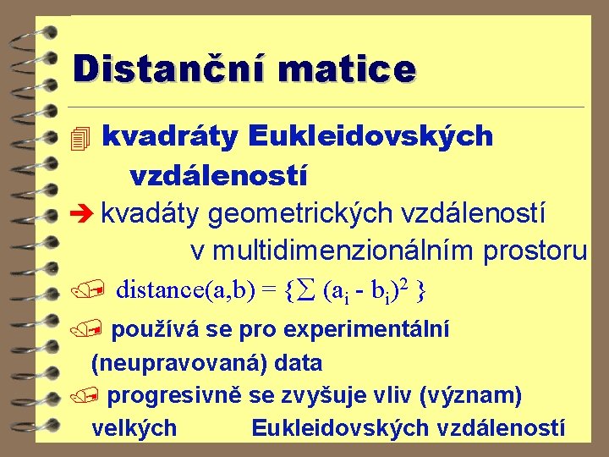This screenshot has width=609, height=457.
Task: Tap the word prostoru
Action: [x=535, y=251]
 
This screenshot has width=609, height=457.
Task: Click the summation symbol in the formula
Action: [x=308, y=291]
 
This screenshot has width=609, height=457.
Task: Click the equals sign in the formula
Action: [x=269, y=291]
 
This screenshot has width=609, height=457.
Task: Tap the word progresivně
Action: [x=173, y=395]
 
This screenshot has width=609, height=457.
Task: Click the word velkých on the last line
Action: [x=134, y=428]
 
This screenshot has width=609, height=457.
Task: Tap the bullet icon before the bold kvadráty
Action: [x=81, y=137]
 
